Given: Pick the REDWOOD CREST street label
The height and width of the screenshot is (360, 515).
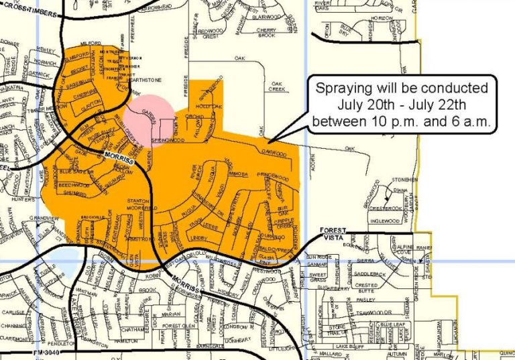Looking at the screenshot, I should (209, 34).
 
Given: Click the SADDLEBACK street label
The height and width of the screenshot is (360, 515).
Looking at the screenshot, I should (369, 274).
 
